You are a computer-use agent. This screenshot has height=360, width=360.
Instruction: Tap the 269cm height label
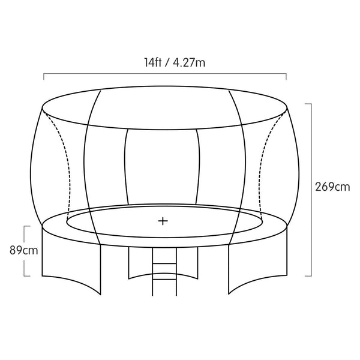point(332,187)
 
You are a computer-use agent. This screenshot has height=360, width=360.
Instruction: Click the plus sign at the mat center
point(163,221)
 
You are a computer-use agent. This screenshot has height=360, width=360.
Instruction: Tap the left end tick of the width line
point(44,76)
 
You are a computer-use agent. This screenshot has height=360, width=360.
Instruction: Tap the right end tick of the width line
point(286,76)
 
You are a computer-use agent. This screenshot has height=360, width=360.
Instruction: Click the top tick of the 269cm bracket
point(308,104)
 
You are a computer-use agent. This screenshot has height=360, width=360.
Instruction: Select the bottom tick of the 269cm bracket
point(308,276)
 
